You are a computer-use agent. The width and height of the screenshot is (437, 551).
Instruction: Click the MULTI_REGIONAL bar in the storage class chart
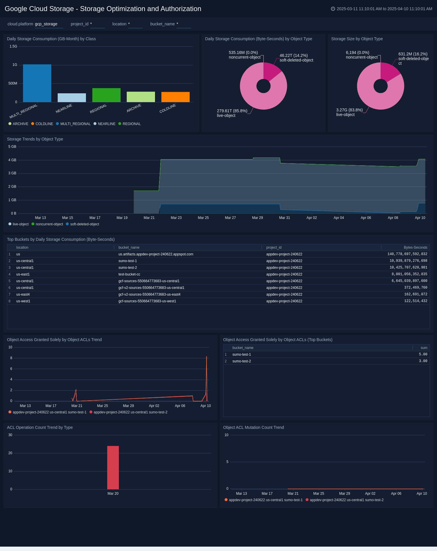pos(37,83)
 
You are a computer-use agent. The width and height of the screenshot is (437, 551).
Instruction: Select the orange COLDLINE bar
pos(175,97)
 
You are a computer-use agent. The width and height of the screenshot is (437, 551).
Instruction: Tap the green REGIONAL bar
pos(106,95)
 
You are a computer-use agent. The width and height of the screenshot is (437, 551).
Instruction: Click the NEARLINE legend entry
pos(106,124)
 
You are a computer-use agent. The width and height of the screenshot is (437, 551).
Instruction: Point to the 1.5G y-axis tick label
pos(13,46)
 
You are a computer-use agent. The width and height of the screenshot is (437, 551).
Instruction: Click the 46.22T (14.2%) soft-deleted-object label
pos(296,58)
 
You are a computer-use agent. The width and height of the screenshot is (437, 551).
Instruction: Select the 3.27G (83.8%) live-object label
pos(349,112)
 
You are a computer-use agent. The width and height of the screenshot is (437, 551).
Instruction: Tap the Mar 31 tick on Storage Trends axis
pos(284,218)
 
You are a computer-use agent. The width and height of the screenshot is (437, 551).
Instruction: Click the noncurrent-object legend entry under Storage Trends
pos(49,224)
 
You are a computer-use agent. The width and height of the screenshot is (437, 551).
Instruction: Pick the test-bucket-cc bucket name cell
pos(129,274)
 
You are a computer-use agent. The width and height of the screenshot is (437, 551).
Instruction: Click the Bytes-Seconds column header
pos(415,248)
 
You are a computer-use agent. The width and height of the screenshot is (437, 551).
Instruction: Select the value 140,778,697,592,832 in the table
pos(407,254)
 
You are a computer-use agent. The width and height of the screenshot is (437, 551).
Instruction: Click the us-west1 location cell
pos(23,301)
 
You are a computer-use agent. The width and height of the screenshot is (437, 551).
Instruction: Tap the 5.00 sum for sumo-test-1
pos(423,355)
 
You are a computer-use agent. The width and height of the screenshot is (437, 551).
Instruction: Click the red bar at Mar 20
pos(113,468)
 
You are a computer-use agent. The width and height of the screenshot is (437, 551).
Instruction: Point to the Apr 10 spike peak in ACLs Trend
pos(207,357)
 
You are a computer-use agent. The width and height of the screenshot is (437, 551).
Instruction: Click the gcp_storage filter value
pos(46,24)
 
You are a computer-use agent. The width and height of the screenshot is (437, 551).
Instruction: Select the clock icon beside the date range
pos(333,9)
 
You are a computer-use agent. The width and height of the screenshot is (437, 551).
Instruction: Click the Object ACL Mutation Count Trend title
pos(253,427)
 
